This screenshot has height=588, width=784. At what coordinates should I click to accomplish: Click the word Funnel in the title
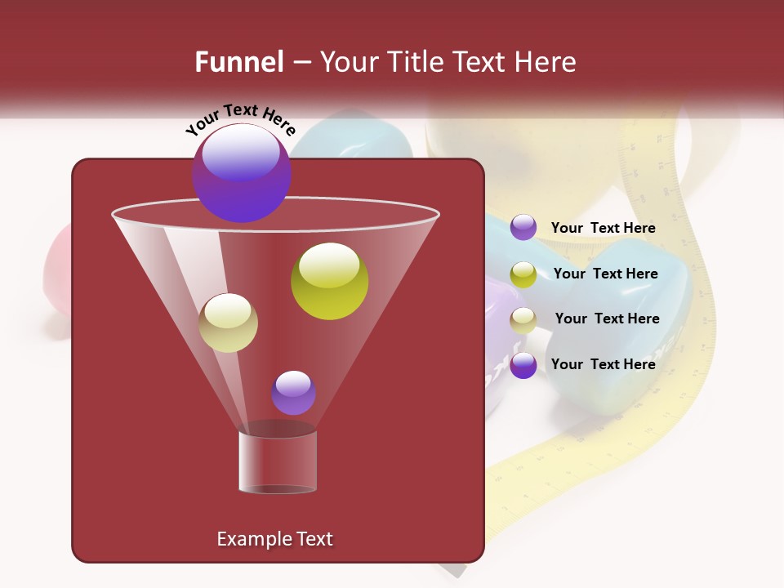click(x=238, y=62)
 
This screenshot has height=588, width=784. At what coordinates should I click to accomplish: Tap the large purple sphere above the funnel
click(x=242, y=172)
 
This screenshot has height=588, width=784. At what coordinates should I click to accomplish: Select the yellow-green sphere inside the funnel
click(x=329, y=281)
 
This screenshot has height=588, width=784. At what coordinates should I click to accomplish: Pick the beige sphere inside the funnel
click(x=228, y=323)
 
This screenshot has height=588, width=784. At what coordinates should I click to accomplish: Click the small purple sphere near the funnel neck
click(x=293, y=392)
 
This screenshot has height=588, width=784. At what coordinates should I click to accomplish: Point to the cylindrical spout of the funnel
click(x=277, y=461)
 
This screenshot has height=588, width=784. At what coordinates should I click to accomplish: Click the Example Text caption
click(x=274, y=539)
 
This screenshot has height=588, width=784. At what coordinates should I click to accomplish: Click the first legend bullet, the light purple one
click(x=523, y=228)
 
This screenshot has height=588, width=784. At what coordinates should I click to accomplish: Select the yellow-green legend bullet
click(x=523, y=274)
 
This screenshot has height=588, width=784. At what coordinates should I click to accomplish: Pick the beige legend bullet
click(x=523, y=320)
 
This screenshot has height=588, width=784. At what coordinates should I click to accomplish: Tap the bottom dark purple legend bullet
click(x=523, y=365)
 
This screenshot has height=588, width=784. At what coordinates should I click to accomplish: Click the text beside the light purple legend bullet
click(x=603, y=228)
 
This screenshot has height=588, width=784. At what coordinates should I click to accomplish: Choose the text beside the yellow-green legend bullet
click(x=605, y=274)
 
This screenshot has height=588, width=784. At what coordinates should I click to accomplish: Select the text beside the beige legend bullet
click(x=607, y=318)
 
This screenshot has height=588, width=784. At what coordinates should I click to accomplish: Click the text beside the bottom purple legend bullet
click(x=603, y=364)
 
